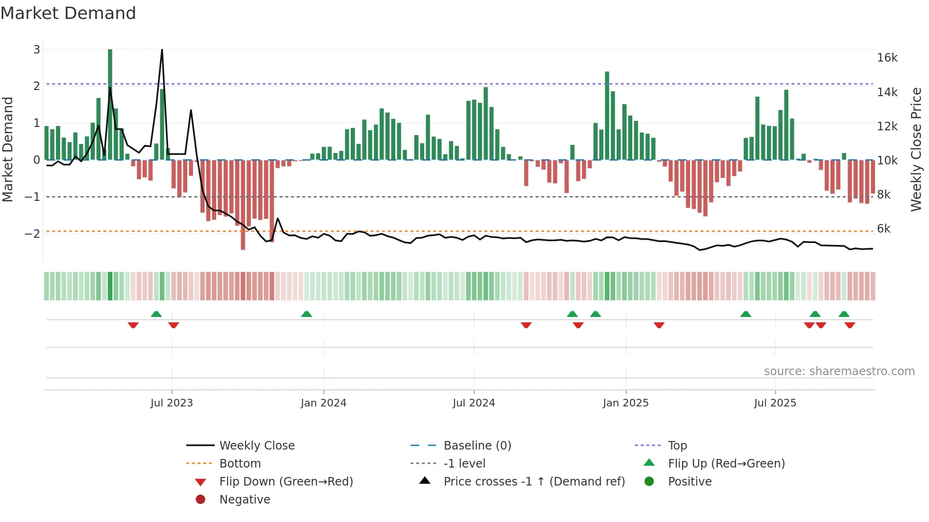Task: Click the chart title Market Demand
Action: coord(68,13)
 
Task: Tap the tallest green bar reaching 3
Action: coord(110,104)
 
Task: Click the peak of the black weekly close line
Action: coord(162,50)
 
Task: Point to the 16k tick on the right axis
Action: coord(887,58)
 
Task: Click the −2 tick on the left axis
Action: coord(33,234)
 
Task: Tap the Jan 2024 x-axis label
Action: coord(323,403)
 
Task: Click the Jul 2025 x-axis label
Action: coord(775,403)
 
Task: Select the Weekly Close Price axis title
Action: coord(916,149)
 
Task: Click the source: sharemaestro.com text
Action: coord(839,371)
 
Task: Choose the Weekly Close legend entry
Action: coord(256,446)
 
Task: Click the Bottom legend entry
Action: coord(240,464)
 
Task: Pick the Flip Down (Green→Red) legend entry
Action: coord(286,482)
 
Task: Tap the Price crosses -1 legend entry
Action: coord(534,482)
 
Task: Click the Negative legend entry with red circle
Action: coord(245,500)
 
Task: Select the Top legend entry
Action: coord(677,446)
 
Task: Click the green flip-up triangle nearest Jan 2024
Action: coord(307,314)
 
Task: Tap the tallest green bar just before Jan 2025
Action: coord(607,116)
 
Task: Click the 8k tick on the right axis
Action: coord(883,195)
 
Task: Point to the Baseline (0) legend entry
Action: coord(477,446)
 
